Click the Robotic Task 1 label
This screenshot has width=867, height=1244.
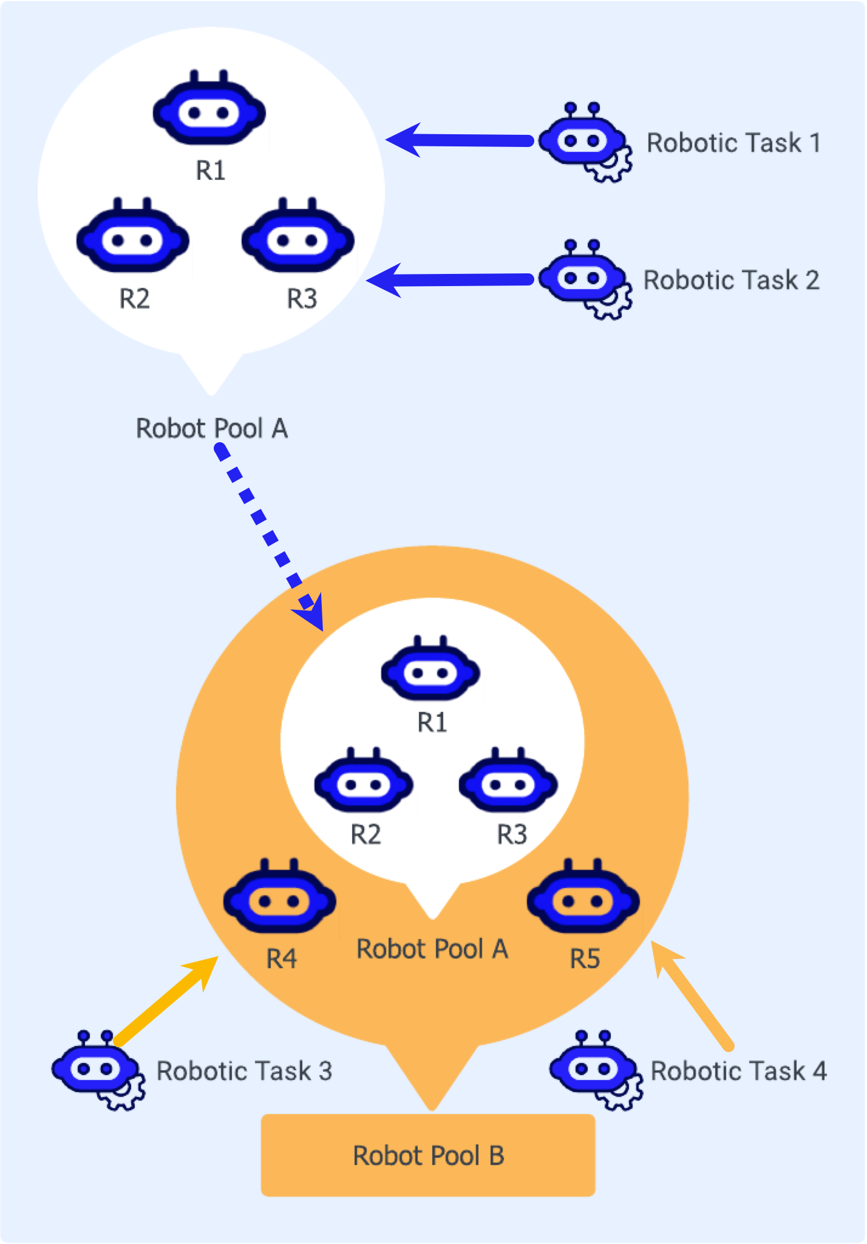(733, 143)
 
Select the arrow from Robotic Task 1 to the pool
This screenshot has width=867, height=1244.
(461, 140)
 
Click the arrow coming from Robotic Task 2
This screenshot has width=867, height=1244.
(452, 280)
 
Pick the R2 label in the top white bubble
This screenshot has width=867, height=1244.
(134, 299)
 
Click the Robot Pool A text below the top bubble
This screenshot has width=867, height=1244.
(211, 428)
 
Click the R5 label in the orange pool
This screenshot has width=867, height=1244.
(585, 959)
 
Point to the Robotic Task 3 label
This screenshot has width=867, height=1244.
(244, 1071)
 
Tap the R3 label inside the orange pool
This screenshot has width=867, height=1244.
(512, 835)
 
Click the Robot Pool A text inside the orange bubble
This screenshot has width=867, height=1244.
(432, 949)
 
